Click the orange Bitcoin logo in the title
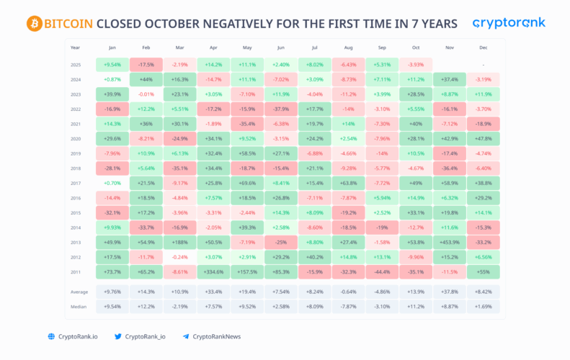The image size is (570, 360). tap(35, 24)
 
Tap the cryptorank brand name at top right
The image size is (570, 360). tap(509, 23)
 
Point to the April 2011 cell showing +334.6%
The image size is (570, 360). tap(213, 271)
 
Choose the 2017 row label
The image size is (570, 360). tap(76, 183)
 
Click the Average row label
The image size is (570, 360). tap(80, 292)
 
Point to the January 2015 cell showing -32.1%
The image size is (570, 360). tap(112, 212)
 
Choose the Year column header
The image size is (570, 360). tap(76, 48)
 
